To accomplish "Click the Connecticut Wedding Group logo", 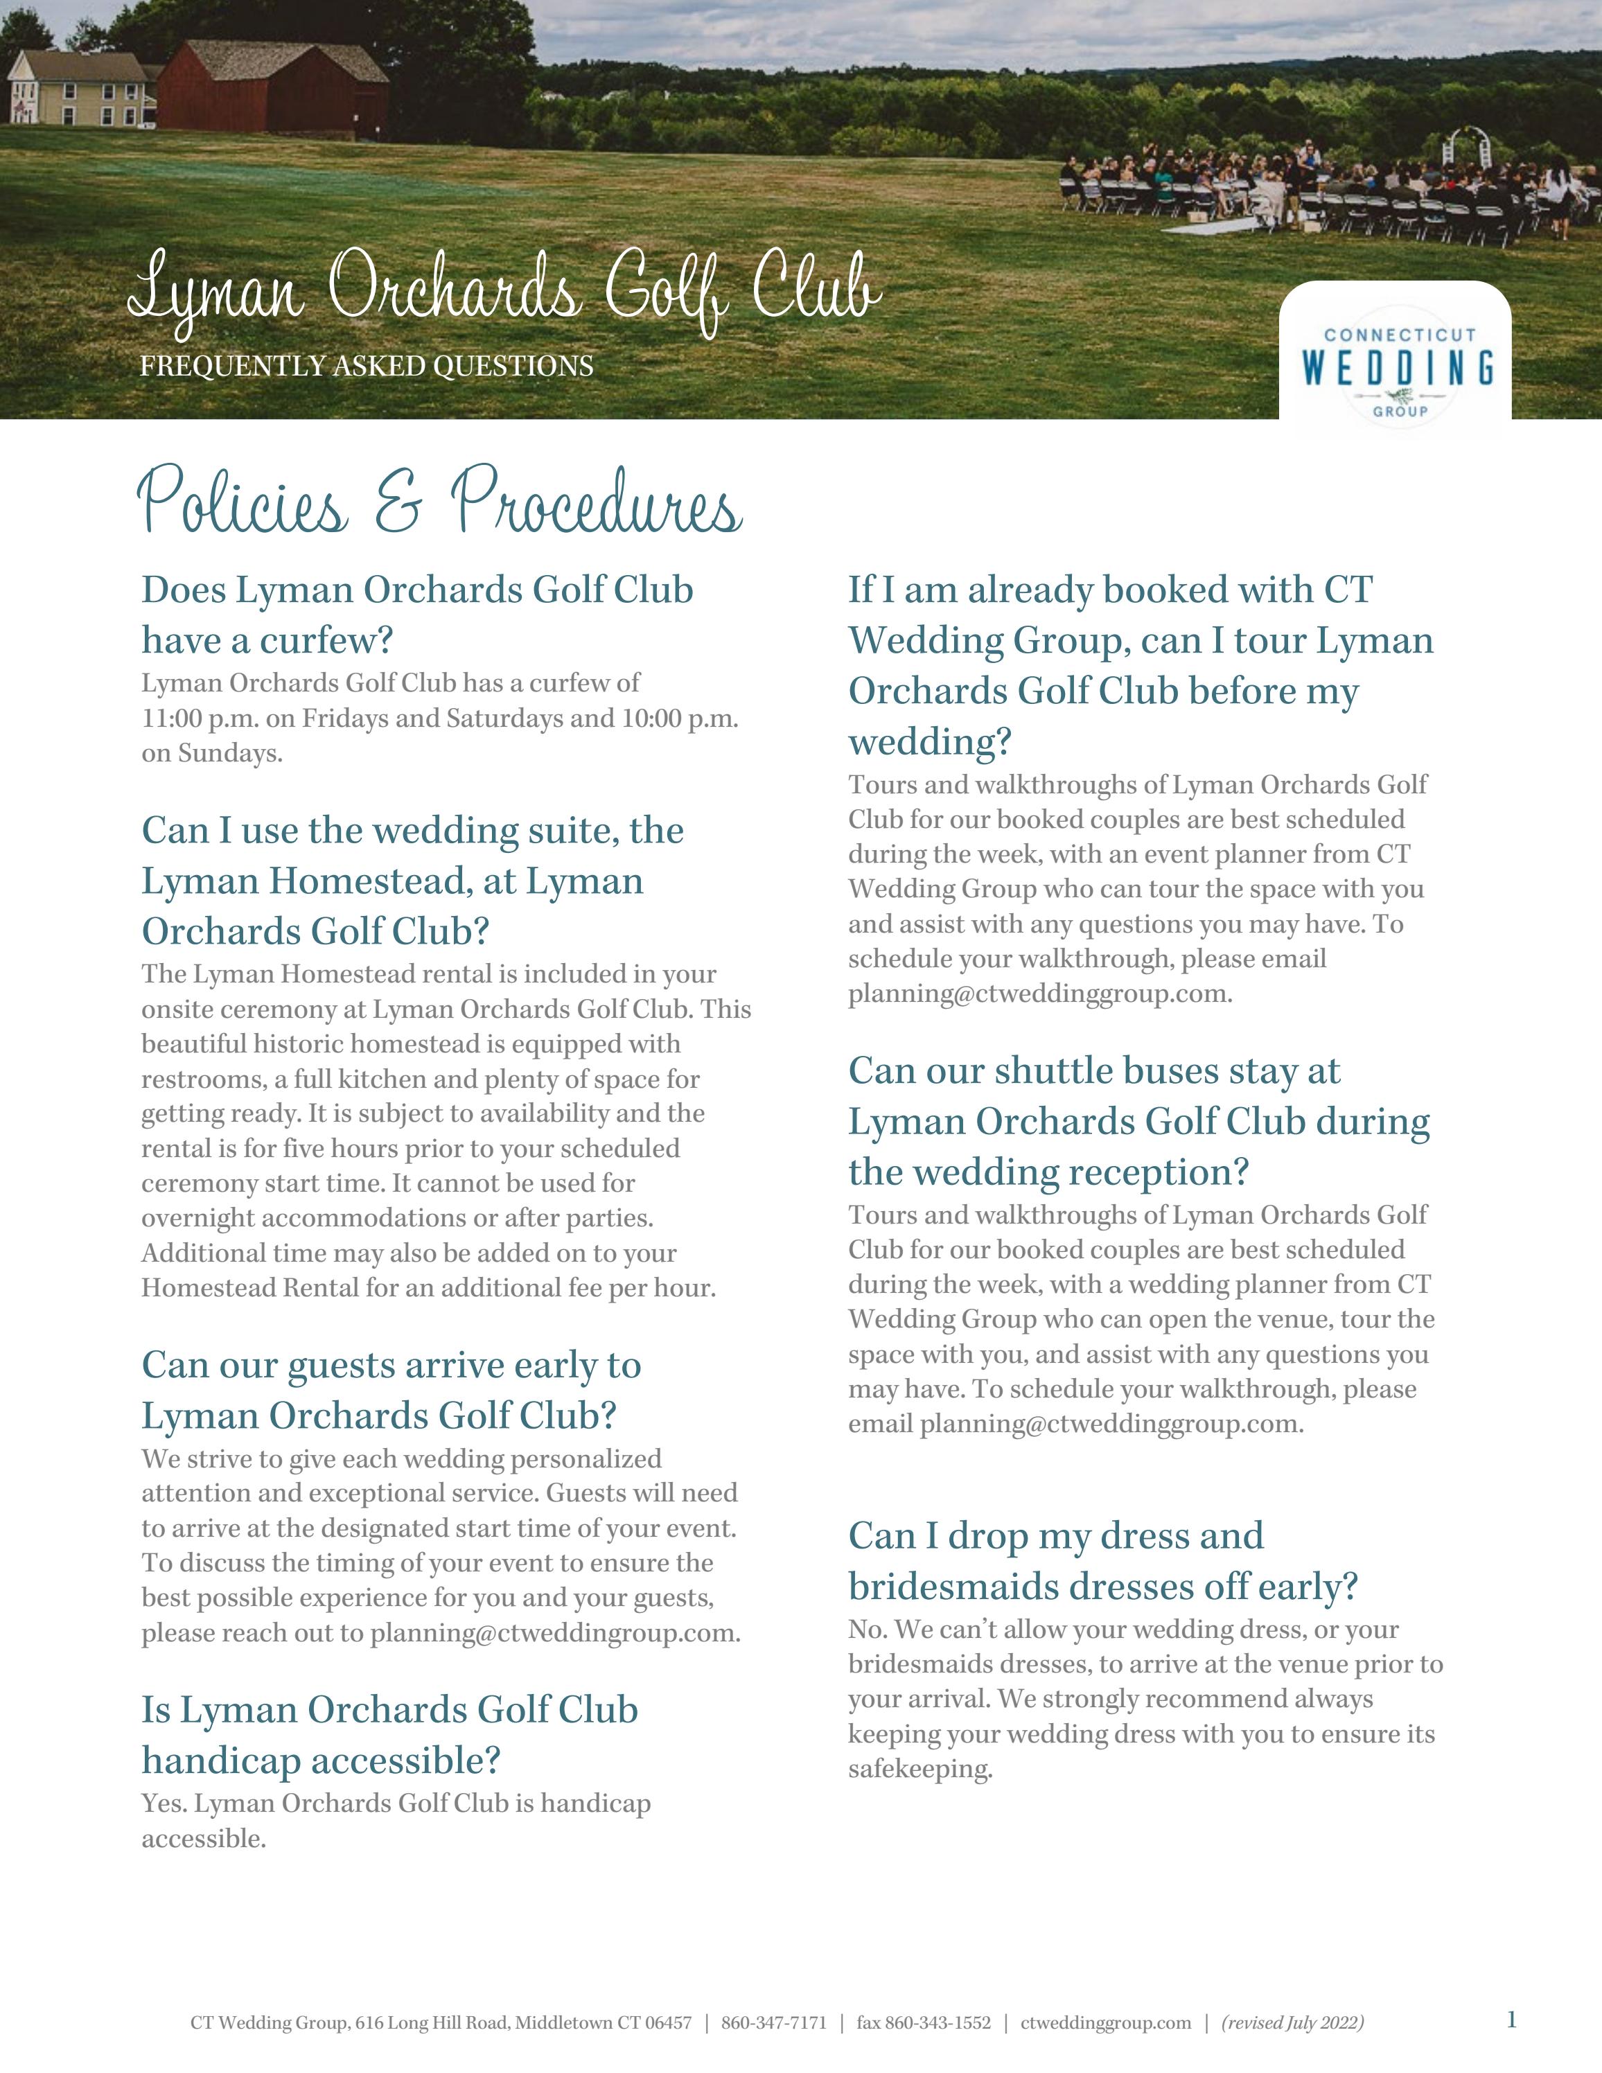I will click(1396, 365).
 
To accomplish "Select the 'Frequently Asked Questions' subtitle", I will click(367, 367).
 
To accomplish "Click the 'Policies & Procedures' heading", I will click(439, 504).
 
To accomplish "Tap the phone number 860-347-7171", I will click(773, 2022).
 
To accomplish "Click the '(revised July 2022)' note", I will click(1292, 2022).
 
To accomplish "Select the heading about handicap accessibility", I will click(389, 1735).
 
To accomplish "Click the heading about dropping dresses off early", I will click(1102, 1562).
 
